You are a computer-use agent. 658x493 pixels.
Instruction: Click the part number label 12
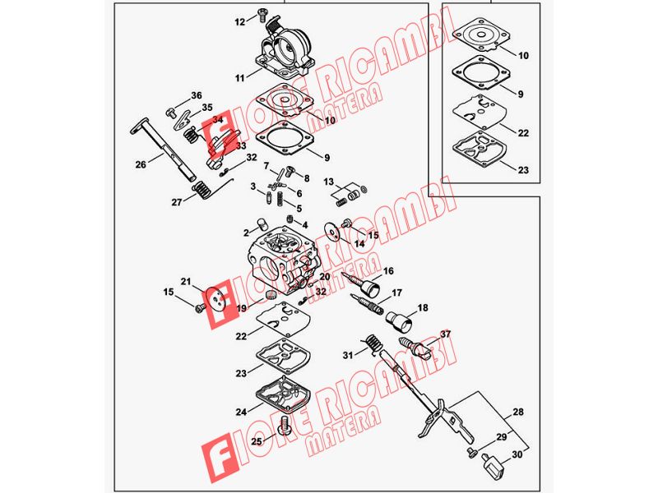pyautogui.click(x=239, y=22)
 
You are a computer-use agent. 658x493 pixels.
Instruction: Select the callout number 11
pyautogui.click(x=239, y=78)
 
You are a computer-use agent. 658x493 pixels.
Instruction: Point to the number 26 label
pyautogui.click(x=141, y=164)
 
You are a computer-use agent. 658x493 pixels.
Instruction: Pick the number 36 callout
pyautogui.click(x=197, y=95)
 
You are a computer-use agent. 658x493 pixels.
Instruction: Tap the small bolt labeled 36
pyautogui.click(x=171, y=113)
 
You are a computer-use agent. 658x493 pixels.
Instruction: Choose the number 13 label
pyautogui.click(x=328, y=182)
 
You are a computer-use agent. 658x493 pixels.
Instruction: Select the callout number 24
pyautogui.click(x=241, y=412)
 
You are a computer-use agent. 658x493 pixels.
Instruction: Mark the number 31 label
pyautogui.click(x=348, y=356)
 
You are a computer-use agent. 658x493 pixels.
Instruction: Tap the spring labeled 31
pyautogui.click(x=373, y=343)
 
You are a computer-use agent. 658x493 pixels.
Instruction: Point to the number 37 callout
pyautogui.click(x=445, y=334)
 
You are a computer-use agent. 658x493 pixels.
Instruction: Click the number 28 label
pyautogui.click(x=518, y=412)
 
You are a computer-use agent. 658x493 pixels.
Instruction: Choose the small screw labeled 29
pyautogui.click(x=471, y=451)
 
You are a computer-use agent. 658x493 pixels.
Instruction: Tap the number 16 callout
pyautogui.click(x=388, y=271)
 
